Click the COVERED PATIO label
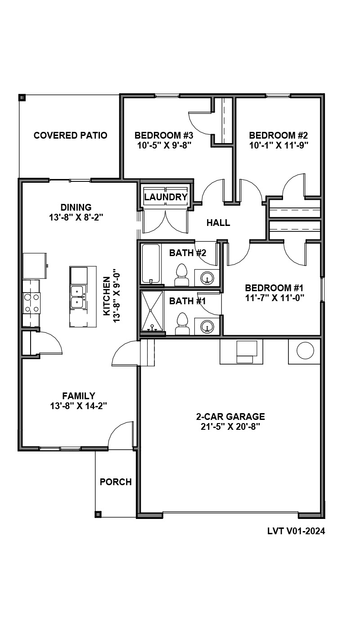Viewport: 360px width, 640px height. tap(70, 135)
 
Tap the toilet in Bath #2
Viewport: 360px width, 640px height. tap(182, 275)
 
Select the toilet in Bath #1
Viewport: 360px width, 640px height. tap(182, 324)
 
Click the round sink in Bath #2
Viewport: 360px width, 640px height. tap(207, 278)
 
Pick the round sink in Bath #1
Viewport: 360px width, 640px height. tap(207, 326)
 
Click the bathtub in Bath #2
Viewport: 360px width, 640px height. tap(151, 264)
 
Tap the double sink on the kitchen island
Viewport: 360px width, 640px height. tap(77, 297)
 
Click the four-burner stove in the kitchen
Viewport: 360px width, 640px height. tap(31, 303)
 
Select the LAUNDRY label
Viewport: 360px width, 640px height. tap(166, 197)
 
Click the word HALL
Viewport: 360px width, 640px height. tap(218, 223)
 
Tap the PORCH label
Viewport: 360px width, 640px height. tap(116, 482)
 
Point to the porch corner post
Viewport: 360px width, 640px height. tap(98, 514)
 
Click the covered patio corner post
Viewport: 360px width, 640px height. tap(22, 98)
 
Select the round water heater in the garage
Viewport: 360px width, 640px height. tap(305, 350)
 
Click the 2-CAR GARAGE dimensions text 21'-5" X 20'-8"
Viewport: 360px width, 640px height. tap(230, 427)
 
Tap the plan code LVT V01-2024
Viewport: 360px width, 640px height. tap(296, 531)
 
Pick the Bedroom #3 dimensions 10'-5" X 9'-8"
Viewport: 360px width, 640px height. tap(164, 145)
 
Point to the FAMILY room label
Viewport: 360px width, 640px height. tap(79, 396)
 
